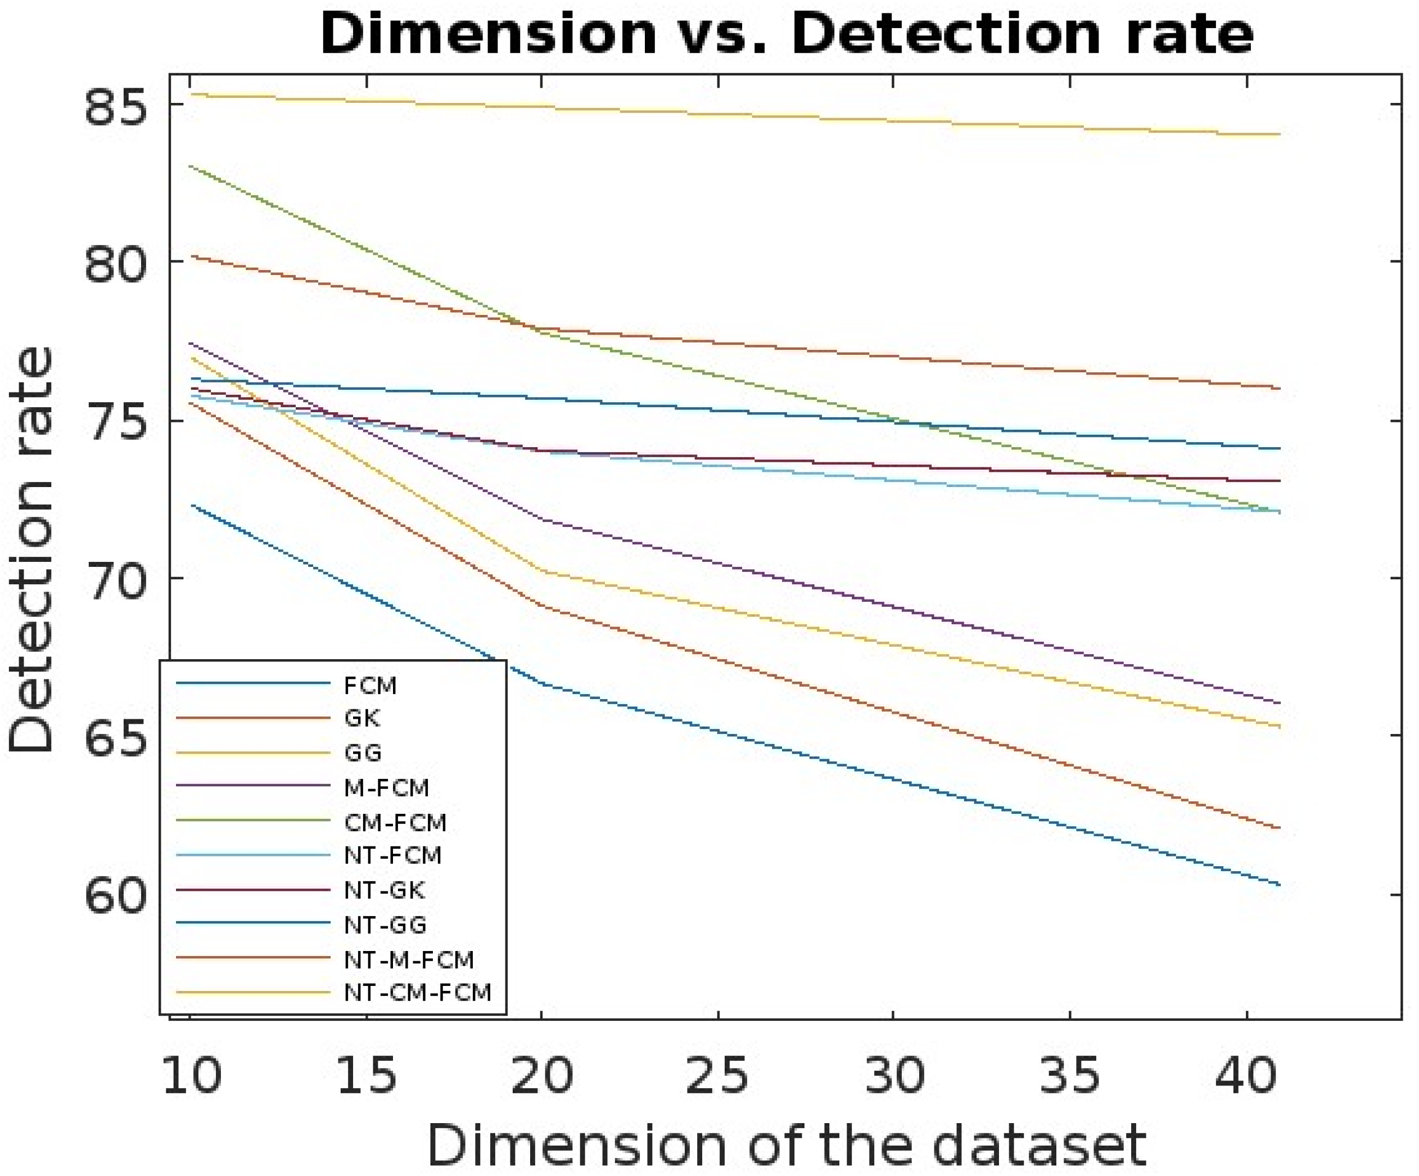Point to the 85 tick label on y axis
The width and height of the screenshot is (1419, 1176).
point(115,106)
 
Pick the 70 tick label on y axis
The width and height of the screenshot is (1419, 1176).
point(115,579)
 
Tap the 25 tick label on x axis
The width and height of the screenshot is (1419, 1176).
point(717,1075)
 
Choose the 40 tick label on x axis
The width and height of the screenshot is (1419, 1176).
point(1245,1075)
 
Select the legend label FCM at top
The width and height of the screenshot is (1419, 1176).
point(369,686)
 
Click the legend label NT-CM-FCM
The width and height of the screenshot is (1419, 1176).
point(417,992)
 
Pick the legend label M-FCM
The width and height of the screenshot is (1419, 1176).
point(386,787)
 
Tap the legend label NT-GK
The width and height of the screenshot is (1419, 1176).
point(384,890)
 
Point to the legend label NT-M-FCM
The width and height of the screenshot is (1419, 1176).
point(408,959)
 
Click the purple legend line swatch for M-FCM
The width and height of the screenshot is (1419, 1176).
point(253,785)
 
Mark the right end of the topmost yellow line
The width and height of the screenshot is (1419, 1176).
point(1279,134)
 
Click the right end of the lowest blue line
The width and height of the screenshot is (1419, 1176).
point(1279,884)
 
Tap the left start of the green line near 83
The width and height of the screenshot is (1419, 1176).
point(191,165)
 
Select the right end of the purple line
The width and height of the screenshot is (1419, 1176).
point(1279,703)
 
